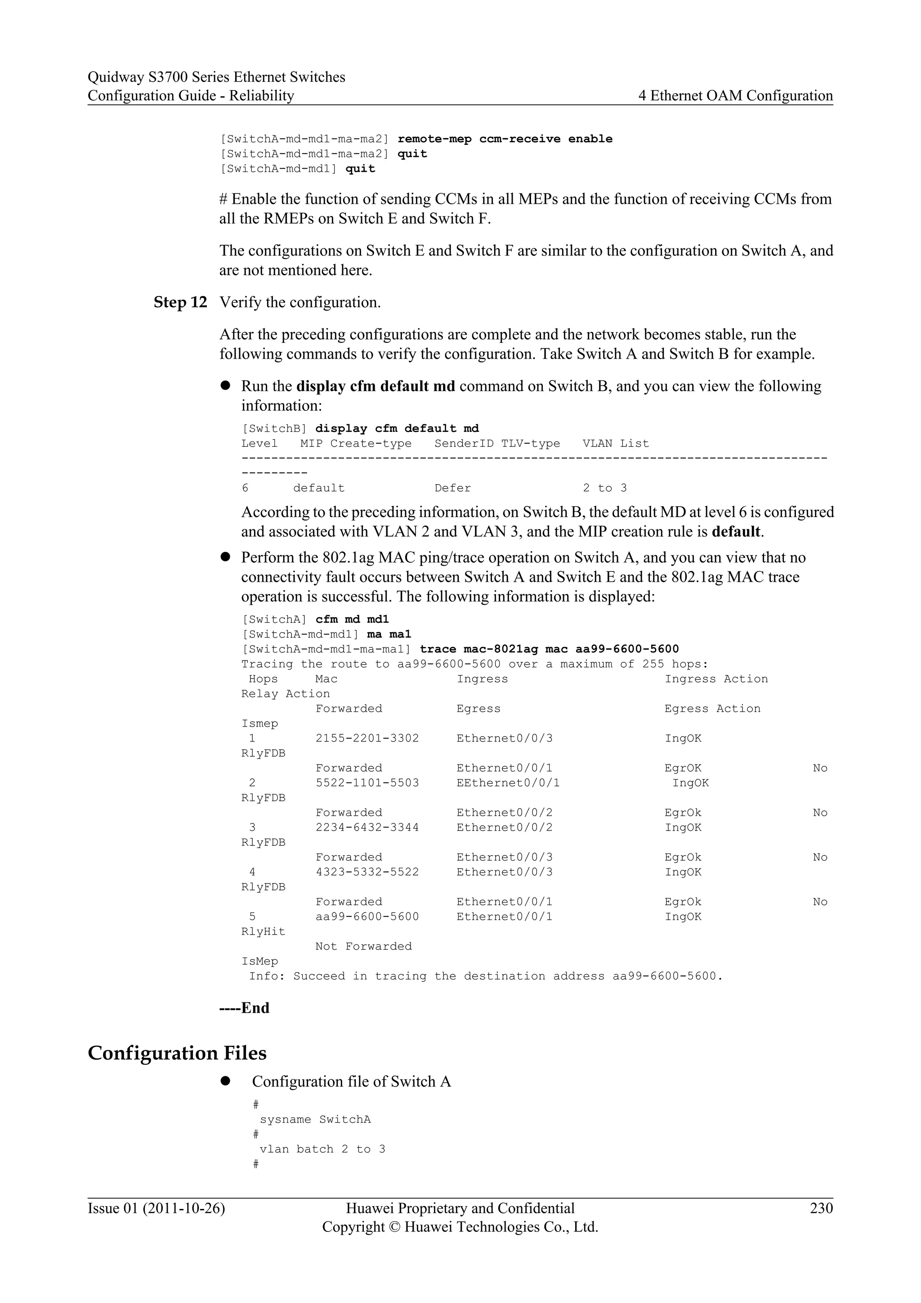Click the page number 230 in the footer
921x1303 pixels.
tap(821, 1208)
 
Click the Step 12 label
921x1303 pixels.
tap(180, 302)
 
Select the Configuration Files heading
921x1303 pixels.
tap(177, 1053)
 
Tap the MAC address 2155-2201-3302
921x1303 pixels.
tap(367, 738)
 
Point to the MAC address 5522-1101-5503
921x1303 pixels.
tap(367, 783)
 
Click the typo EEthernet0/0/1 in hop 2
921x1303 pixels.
tap(508, 783)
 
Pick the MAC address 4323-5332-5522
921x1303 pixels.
tap(367, 872)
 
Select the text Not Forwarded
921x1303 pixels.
tap(363, 947)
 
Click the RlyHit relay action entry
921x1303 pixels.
tap(263, 932)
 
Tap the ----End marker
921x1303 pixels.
tap(245, 1008)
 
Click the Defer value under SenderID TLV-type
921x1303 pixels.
tap(452, 488)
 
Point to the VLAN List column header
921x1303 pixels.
tap(615, 444)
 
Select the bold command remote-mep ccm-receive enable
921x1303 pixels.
tap(505, 139)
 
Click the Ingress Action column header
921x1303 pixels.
tap(715, 679)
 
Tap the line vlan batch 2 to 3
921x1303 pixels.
tap(322, 1149)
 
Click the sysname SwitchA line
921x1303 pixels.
tap(315, 1120)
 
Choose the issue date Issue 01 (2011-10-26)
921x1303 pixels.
tap(156, 1208)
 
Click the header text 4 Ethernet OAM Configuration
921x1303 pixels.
tap(736, 96)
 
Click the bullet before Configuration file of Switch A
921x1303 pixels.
tap(225, 1081)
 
